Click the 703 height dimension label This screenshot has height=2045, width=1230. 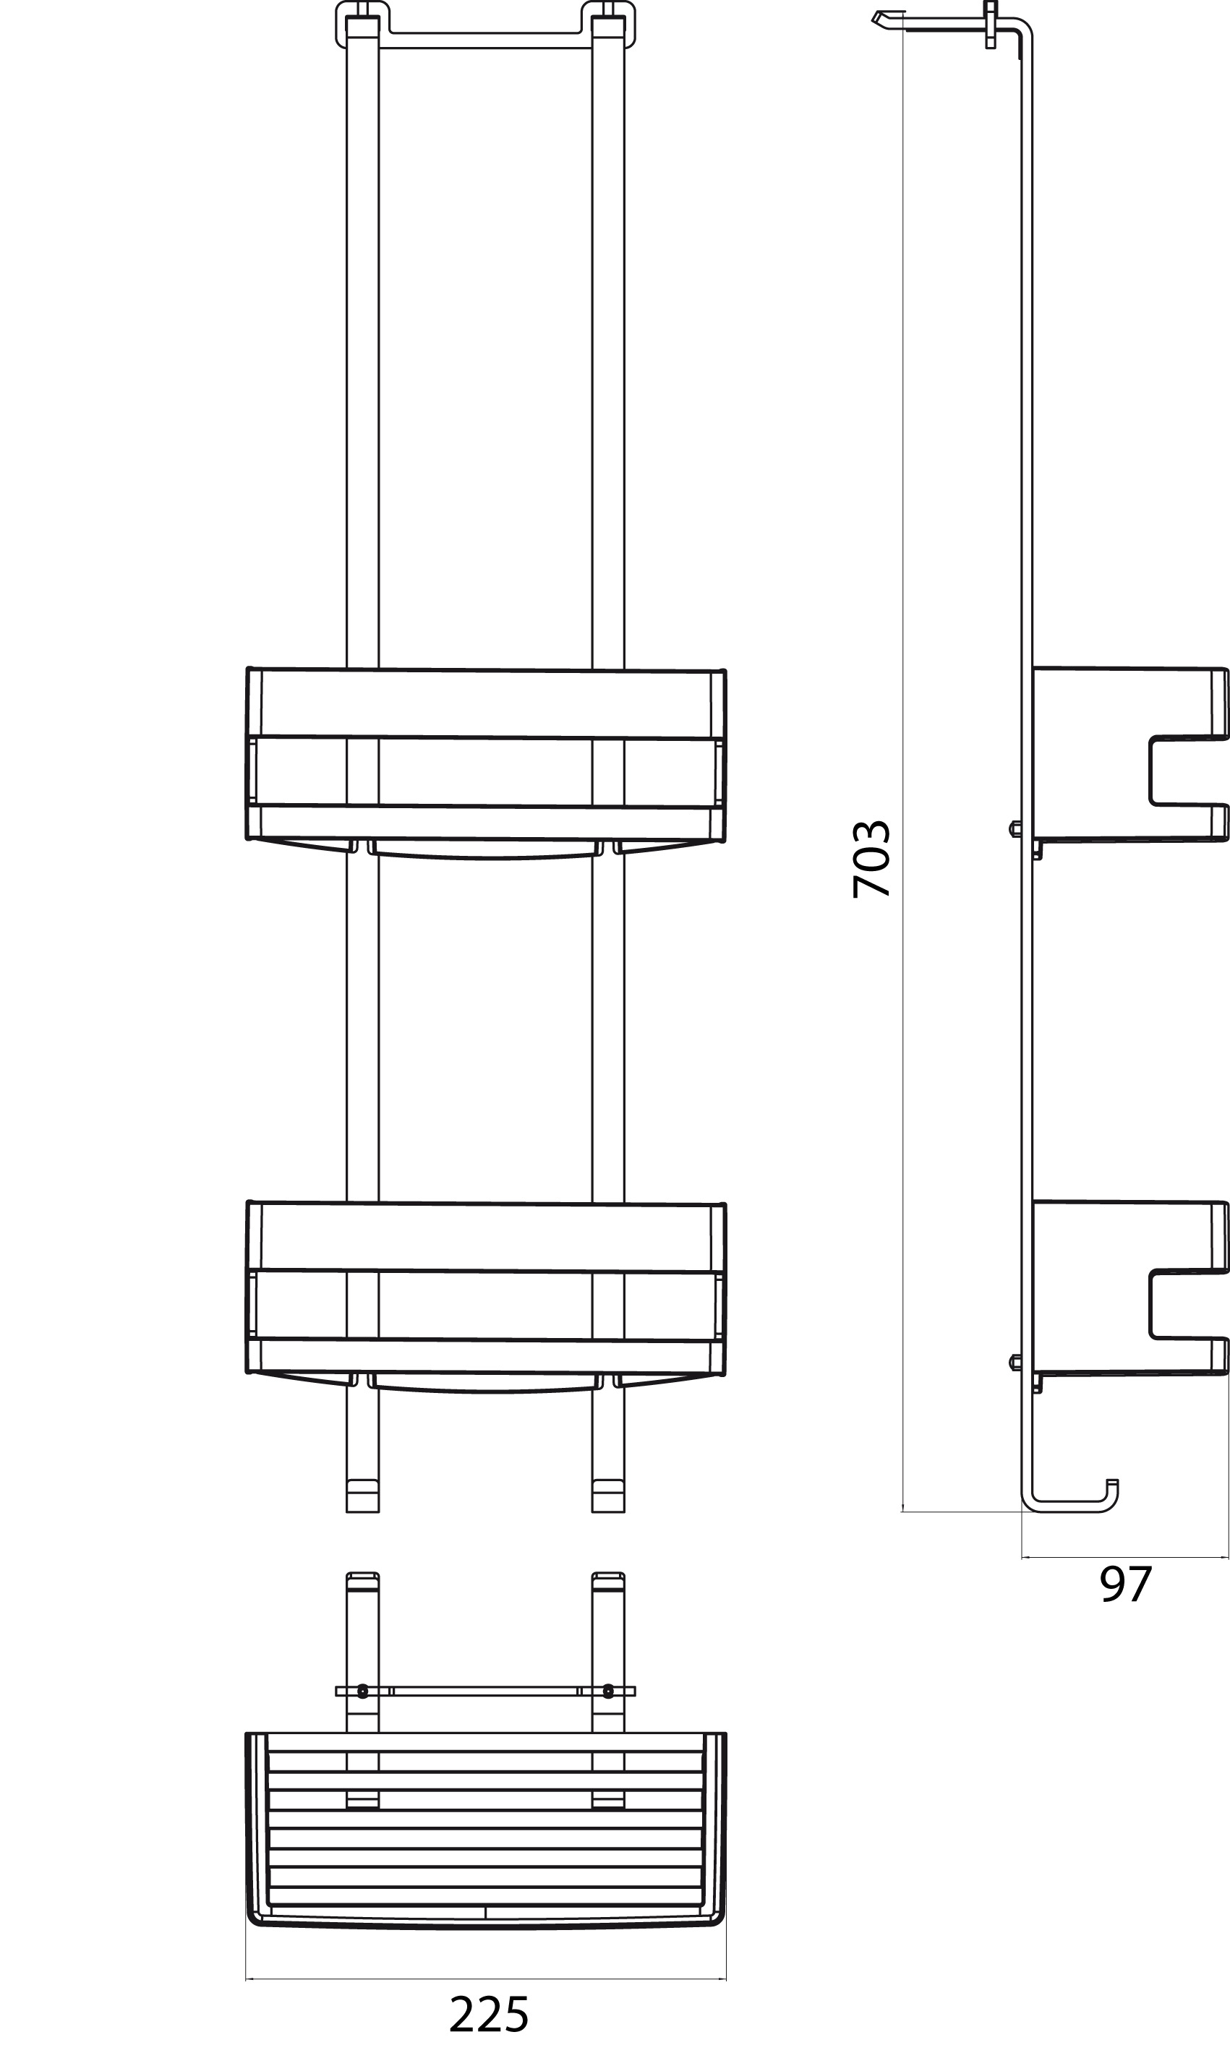(x=871, y=859)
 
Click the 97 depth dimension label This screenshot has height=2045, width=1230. (x=1126, y=1585)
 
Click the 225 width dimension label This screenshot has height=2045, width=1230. (x=488, y=2015)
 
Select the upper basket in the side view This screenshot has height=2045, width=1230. (x=1129, y=754)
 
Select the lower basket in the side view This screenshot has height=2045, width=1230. (x=1129, y=1287)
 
